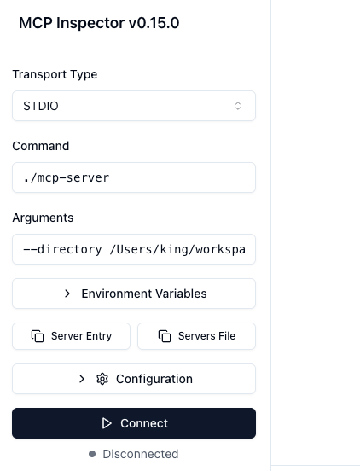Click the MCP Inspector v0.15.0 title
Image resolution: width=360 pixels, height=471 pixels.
pyautogui.click(x=99, y=23)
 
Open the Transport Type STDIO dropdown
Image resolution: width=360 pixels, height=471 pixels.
pyautogui.click(x=134, y=106)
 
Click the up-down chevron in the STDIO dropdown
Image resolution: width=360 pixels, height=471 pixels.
pyautogui.click(x=238, y=106)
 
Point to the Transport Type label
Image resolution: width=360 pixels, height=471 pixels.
pyautogui.click(x=55, y=74)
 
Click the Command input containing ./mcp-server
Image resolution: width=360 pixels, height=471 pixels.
pyautogui.click(x=134, y=177)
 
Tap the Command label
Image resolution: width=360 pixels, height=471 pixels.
pyautogui.click(x=41, y=146)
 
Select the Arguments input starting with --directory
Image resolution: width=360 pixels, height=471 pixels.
pyautogui.click(x=134, y=249)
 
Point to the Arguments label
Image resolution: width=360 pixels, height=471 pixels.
pyautogui.click(x=43, y=218)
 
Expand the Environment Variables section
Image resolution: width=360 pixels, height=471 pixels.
pyautogui.click(x=134, y=294)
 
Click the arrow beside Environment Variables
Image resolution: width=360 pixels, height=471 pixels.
pyautogui.click(x=67, y=294)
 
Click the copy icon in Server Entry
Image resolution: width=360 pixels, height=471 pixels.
pyautogui.click(x=38, y=336)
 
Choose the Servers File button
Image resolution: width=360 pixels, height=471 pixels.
pyautogui.click(x=197, y=336)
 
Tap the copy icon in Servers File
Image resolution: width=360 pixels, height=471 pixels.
pyautogui.click(x=165, y=336)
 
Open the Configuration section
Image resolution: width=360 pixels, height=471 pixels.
pyautogui.click(x=134, y=379)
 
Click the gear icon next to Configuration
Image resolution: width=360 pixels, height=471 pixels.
pyautogui.click(x=102, y=379)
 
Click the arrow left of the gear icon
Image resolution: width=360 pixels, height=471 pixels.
pyautogui.click(x=82, y=379)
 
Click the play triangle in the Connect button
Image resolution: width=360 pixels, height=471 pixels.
pyautogui.click(x=107, y=423)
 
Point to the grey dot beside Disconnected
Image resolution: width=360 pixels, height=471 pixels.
pyautogui.click(x=92, y=454)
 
